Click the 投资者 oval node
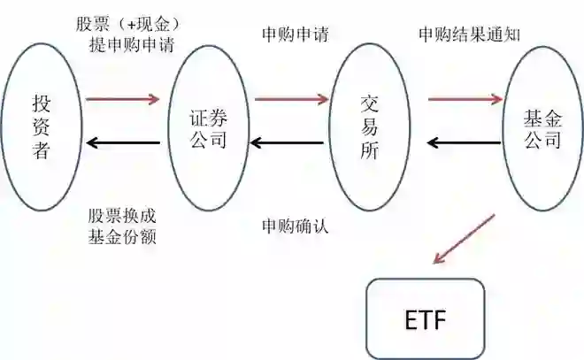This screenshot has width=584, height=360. click(42, 127)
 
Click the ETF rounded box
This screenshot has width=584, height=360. click(426, 318)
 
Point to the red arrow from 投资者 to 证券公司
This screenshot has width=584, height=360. click(123, 99)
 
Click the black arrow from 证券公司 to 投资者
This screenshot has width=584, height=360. click(123, 142)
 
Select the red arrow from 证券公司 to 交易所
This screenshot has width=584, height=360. click(290, 99)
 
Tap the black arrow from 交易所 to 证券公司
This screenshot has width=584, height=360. click(290, 142)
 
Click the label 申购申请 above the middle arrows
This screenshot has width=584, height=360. click(296, 34)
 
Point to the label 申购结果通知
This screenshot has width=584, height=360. click(469, 34)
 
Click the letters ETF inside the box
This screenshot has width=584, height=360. click(426, 318)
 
